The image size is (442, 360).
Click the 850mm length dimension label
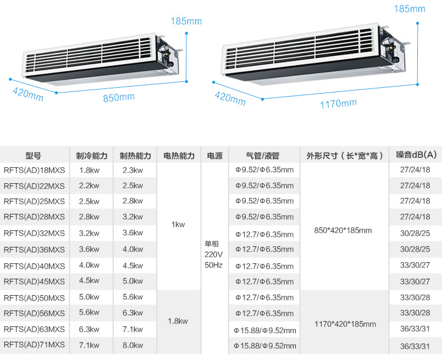tap(119, 97)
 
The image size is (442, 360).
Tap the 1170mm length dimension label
tap(338, 104)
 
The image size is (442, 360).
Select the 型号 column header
tap(34, 156)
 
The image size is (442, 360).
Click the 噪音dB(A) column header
tap(416, 156)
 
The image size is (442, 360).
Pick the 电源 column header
tap(215, 156)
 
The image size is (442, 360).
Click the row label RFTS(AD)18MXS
tap(34, 170)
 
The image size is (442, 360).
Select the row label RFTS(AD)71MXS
tap(34, 345)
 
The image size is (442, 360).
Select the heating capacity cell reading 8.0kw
tap(133, 345)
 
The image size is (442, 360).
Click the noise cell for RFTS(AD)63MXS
tap(415, 329)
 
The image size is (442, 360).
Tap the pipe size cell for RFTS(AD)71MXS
tap(265, 345)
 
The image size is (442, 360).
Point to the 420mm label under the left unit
tap(28, 94)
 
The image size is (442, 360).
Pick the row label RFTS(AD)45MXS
tap(34, 281)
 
